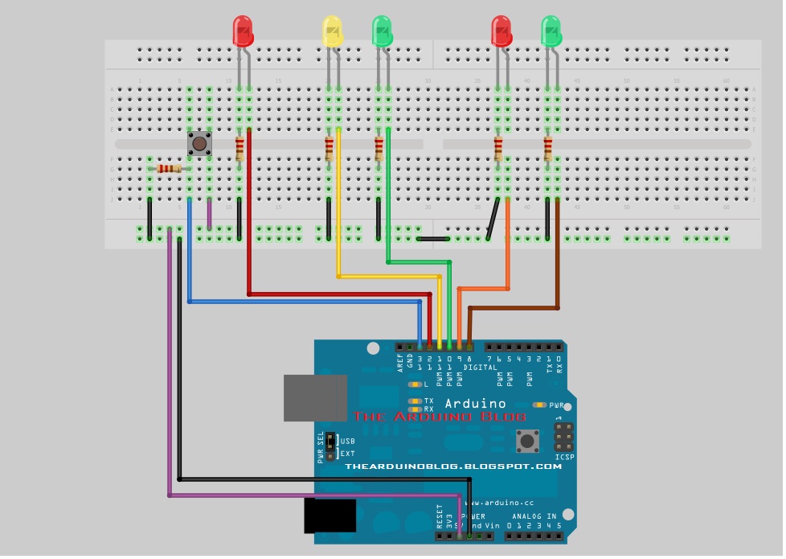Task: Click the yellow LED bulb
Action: coord(332,31)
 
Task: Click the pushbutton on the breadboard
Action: coord(199,144)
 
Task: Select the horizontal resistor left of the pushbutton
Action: coord(170,168)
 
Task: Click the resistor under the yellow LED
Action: coord(329,148)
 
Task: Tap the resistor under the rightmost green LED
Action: coord(548,148)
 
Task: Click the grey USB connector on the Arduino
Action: coord(315,397)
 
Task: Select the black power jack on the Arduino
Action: coord(330,515)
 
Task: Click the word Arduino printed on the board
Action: coord(476,404)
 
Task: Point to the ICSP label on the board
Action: coord(564,457)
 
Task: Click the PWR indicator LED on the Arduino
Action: coord(539,405)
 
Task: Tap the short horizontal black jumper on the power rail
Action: coord(433,238)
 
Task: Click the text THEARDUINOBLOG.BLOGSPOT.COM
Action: coord(453,467)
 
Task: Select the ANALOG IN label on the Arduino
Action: coord(534,516)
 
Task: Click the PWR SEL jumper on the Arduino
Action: coord(330,447)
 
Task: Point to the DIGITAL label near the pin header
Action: coord(480,368)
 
